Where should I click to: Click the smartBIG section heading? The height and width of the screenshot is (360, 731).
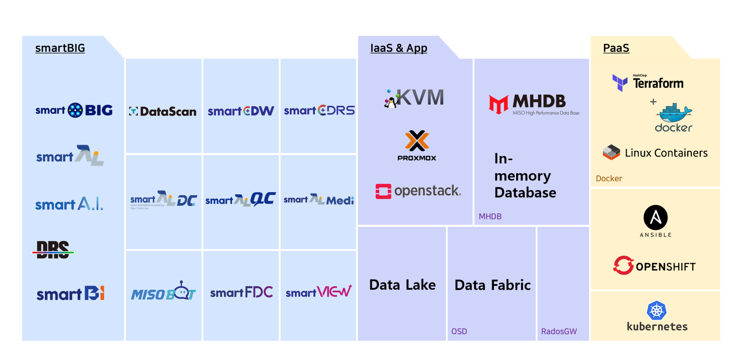60,48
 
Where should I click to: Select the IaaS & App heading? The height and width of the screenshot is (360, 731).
398,48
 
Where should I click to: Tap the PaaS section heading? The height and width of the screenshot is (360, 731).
616,48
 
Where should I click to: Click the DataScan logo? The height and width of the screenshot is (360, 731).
163,111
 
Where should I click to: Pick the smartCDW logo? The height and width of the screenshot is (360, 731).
241,111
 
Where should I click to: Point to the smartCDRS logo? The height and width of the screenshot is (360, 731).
319,111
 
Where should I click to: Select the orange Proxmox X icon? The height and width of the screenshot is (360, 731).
417,140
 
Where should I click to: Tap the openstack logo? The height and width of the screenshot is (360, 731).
418,191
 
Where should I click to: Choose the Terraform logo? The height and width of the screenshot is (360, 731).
647,83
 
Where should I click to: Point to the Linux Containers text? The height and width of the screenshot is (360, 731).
666,153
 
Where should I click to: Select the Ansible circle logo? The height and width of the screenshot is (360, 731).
655,218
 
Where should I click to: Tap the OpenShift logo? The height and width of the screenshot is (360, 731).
654,266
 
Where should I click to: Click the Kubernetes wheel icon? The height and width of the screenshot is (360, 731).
657,310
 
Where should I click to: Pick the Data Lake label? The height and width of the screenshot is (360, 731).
402,285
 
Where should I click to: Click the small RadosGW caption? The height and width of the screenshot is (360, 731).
559,332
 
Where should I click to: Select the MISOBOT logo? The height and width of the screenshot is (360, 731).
163,292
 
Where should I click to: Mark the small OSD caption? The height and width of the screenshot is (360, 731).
459,332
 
